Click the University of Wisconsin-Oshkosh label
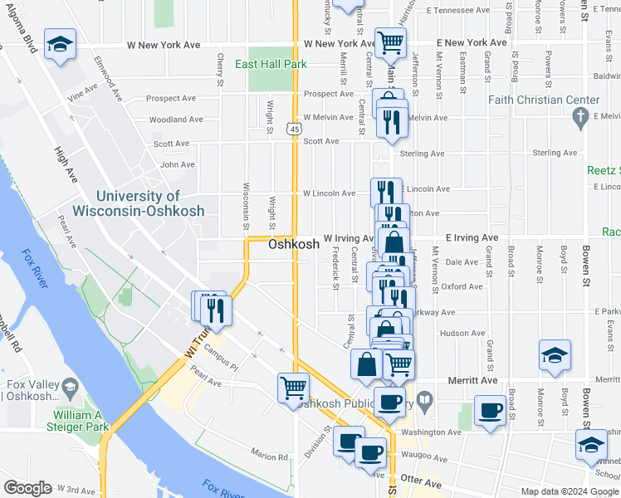coord(149,203)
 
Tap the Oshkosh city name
coord(293,245)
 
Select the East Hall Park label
coord(271,64)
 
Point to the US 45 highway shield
coord(293,129)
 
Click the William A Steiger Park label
coord(81,420)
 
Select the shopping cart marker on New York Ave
coord(389,41)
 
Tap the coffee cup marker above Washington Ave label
coord(491,410)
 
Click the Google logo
coord(27,488)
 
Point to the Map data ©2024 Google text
coord(569,491)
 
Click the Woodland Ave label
coord(176,120)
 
